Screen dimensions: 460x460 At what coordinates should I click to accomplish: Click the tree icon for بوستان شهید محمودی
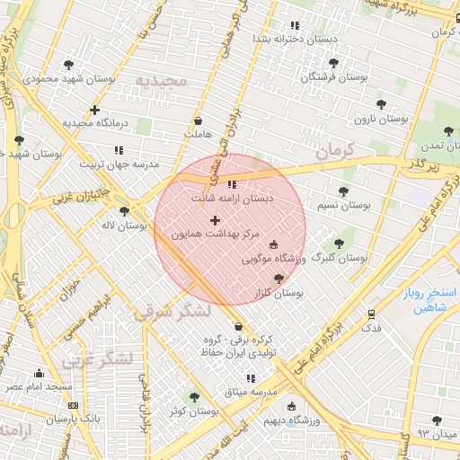pyautogui.click(x=69, y=65)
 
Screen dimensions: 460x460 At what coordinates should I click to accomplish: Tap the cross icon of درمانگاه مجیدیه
pyautogui.click(x=94, y=110)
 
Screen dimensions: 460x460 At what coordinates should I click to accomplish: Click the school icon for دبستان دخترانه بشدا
pyautogui.click(x=293, y=26)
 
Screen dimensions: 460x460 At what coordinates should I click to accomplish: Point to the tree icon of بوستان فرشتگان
pyautogui.click(x=334, y=63)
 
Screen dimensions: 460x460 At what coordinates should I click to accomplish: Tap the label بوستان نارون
pyautogui.click(x=376, y=119)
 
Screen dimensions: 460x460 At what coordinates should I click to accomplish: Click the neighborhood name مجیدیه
pyautogui.click(x=160, y=82)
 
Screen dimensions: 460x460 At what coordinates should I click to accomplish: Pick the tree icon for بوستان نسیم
pyautogui.click(x=342, y=190)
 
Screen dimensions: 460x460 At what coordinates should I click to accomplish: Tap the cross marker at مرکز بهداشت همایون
pyautogui.click(x=214, y=220)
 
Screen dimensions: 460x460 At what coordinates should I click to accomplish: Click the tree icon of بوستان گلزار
pyautogui.click(x=279, y=279)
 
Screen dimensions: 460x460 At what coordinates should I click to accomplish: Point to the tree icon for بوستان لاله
pyautogui.click(x=124, y=211)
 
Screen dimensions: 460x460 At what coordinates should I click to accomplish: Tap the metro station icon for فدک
pyautogui.click(x=371, y=314)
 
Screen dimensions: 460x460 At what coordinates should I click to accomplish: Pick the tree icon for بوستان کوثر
pyautogui.click(x=194, y=396)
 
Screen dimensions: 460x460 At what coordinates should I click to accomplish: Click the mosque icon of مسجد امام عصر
pyautogui.click(x=39, y=373)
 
